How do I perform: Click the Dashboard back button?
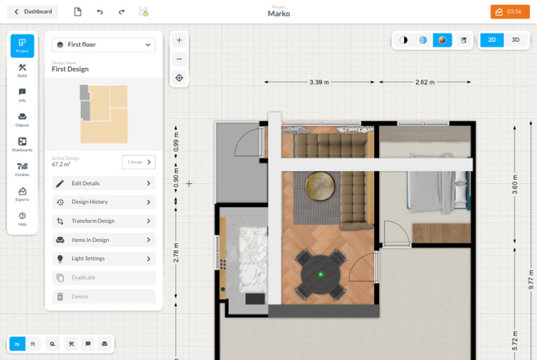[x=33, y=12]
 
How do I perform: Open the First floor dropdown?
[x=103, y=45]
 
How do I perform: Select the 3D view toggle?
[x=515, y=40]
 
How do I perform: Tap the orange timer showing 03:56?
[x=510, y=12]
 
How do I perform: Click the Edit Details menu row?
[x=103, y=183]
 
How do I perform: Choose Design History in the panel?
[x=103, y=202]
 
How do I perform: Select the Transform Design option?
[x=103, y=221]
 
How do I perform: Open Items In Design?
[x=103, y=240]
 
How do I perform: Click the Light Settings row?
[x=103, y=259]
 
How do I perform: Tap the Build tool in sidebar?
[x=22, y=71]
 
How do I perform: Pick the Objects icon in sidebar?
[x=22, y=120]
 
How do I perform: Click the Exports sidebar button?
[x=22, y=194]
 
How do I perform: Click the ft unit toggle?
[x=34, y=344]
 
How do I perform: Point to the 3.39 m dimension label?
[x=319, y=82]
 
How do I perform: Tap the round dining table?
[x=320, y=273]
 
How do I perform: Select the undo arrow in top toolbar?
[x=100, y=12]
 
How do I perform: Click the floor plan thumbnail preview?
[x=103, y=114]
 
